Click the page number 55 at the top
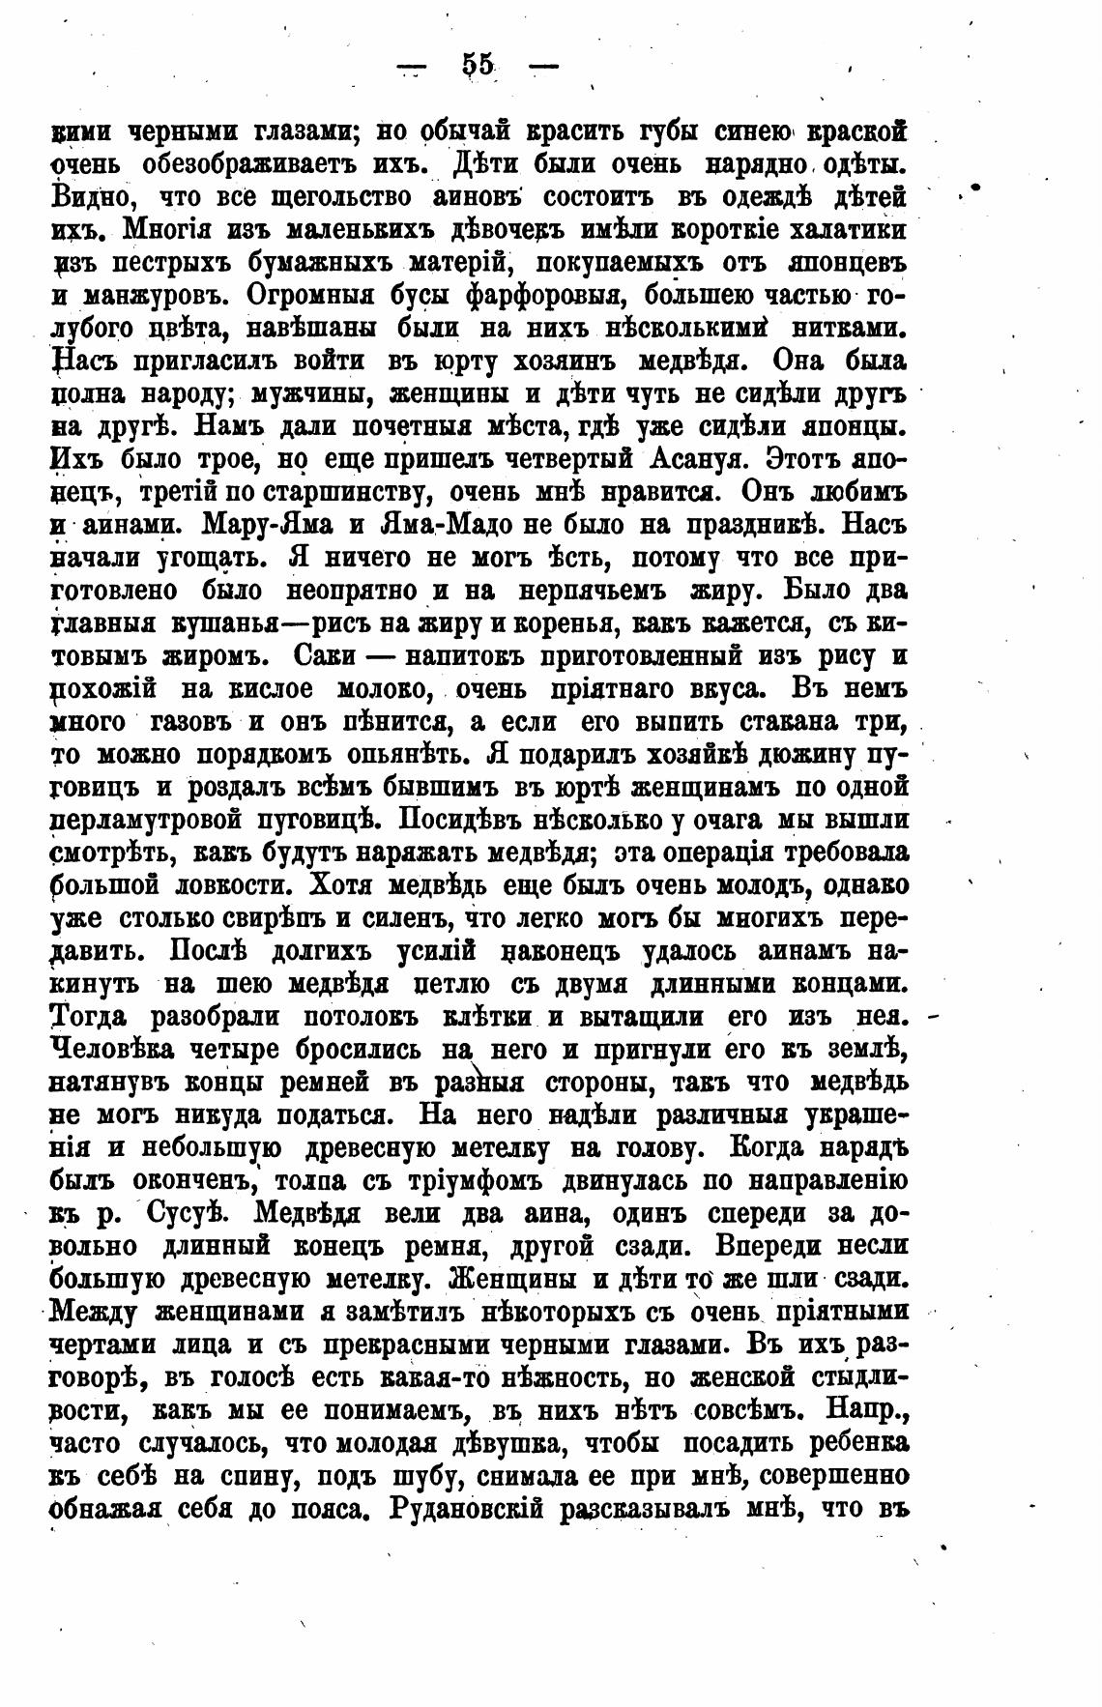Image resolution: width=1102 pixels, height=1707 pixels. coord(478,65)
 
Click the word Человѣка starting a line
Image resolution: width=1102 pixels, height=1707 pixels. coord(115,1050)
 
